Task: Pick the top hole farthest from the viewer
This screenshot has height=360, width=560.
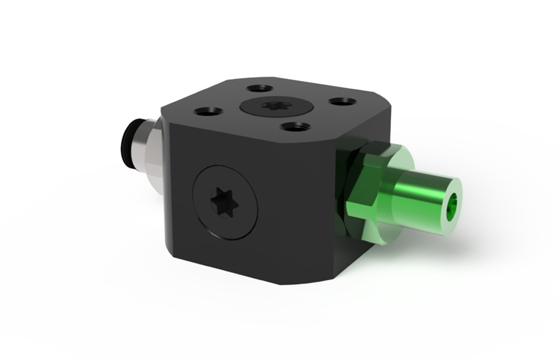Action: pos(258,88)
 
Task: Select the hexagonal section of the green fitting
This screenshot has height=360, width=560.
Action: pos(366,184)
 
